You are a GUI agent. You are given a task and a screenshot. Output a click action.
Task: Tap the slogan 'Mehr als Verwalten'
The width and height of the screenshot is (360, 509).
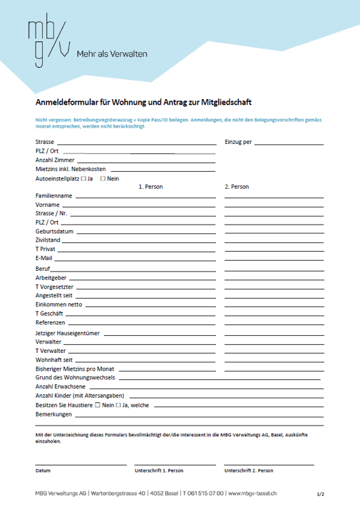click(x=112, y=54)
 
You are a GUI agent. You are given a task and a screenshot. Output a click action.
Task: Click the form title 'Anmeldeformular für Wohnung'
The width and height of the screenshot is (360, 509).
click(x=143, y=103)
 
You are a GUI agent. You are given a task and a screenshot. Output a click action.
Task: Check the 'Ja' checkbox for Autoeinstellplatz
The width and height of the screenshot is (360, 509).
click(x=83, y=178)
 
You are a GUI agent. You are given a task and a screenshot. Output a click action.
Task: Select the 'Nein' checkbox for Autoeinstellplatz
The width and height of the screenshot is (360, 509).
click(x=103, y=178)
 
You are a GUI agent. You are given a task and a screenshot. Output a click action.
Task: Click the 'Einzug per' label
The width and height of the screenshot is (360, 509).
click(x=238, y=143)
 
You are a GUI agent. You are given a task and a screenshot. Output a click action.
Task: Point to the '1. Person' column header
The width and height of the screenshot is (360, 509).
click(x=150, y=187)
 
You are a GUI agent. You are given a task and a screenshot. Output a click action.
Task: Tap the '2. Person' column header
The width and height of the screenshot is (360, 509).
click(x=236, y=187)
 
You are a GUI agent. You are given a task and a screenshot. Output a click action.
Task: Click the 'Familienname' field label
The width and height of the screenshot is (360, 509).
click(x=54, y=195)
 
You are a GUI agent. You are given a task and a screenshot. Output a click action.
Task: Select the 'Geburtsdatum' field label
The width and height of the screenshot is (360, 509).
click(x=54, y=231)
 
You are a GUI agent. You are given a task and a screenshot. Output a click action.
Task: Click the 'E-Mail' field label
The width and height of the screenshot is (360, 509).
click(x=44, y=259)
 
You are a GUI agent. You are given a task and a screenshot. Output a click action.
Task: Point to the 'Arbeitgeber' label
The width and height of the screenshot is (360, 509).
click(x=51, y=278)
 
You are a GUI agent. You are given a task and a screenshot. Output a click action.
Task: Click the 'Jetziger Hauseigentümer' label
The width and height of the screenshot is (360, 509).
click(x=67, y=333)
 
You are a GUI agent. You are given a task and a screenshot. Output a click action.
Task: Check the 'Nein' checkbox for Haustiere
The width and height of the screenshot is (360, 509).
click(x=97, y=405)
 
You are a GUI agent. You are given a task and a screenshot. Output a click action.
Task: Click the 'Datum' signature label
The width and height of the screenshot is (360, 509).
click(x=43, y=470)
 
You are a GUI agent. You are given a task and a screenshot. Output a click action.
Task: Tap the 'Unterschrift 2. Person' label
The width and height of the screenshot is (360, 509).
click(x=249, y=470)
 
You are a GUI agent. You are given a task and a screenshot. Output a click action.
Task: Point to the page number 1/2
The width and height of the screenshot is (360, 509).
click(x=321, y=495)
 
